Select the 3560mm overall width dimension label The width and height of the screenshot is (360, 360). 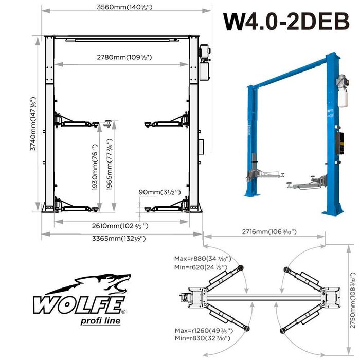pos(127,7)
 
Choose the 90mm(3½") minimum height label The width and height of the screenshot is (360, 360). pos(160,192)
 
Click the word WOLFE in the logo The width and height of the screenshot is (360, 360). pos(79,305)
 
